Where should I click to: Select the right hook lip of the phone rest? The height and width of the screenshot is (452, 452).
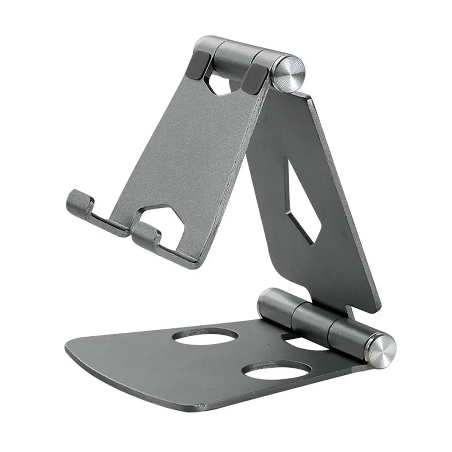[x=146, y=231]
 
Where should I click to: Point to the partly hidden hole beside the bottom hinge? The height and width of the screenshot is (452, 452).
[x=307, y=344]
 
